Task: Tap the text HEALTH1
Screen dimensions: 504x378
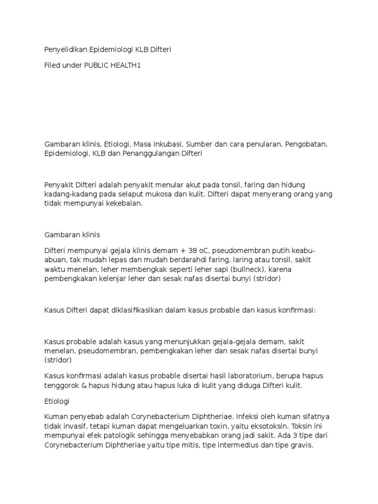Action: pyautogui.click(x=127, y=65)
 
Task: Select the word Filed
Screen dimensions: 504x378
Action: pyautogui.click(x=53, y=65)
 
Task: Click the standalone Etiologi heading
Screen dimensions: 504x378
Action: pyautogui.click(x=57, y=402)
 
